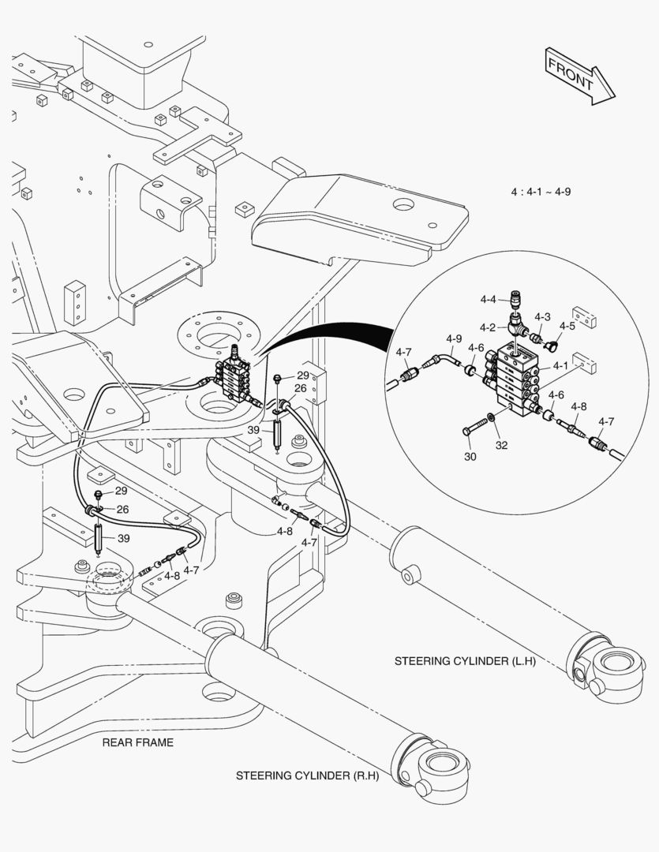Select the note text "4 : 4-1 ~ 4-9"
click(x=541, y=192)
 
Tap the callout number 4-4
click(x=488, y=299)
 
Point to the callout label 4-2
click(x=488, y=327)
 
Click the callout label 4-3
click(x=542, y=316)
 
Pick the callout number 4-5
click(x=567, y=325)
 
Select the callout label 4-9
click(x=453, y=340)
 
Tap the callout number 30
click(x=470, y=457)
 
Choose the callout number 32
click(x=502, y=444)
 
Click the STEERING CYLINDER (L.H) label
click(x=465, y=661)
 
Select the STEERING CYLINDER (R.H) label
click(x=308, y=775)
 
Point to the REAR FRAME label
click(x=137, y=742)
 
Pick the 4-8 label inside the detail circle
click(x=578, y=407)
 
